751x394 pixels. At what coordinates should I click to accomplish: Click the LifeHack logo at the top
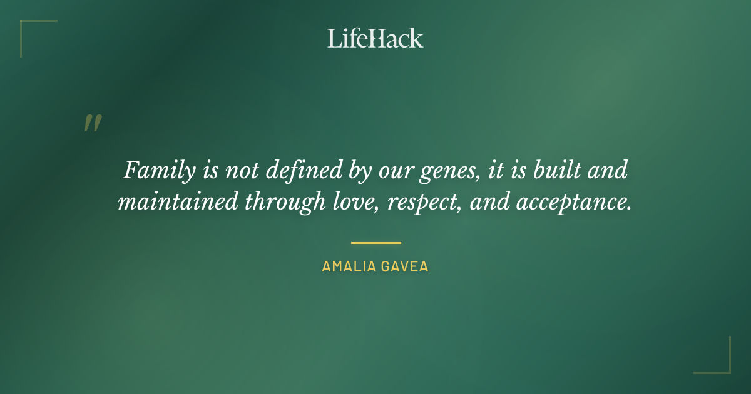[x=375, y=38]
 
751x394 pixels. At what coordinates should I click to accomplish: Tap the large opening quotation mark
[x=92, y=123]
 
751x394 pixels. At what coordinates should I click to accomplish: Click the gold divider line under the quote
[x=375, y=243]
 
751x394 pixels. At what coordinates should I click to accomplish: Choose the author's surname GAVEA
[x=406, y=266]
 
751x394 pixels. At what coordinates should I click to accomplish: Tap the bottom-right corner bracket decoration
[x=720, y=364]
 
